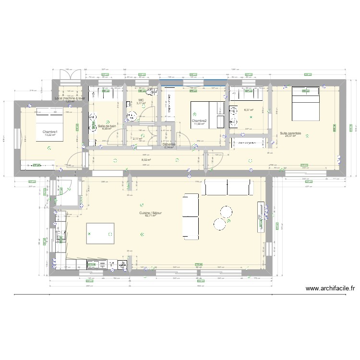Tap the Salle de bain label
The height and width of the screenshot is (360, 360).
coord(107,126)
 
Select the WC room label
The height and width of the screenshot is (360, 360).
coord(141,100)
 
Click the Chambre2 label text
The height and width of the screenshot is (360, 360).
coord(199,121)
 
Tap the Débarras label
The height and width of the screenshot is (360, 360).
coord(169,144)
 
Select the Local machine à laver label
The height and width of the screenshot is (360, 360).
coord(70,98)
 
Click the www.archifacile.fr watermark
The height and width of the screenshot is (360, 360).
coord(330,288)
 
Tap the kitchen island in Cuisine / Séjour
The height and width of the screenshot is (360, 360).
coord(100,234)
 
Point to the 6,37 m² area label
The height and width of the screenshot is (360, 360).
coord(248,110)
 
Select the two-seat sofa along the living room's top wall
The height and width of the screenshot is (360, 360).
coord(228,187)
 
